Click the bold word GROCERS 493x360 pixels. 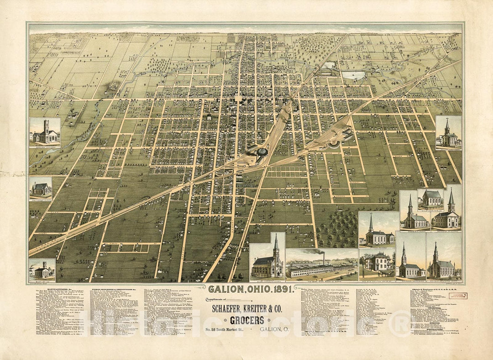[x=247, y=320]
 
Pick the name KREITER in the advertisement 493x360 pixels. [x=255, y=309]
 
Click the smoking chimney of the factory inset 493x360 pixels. [x=324, y=258]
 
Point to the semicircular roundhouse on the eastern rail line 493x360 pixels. [x=333, y=144]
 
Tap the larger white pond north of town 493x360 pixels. [x=353, y=75]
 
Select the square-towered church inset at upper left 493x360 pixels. [x=45, y=132]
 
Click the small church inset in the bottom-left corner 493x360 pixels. [x=42, y=270]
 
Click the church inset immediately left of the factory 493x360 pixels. [x=267, y=257]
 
